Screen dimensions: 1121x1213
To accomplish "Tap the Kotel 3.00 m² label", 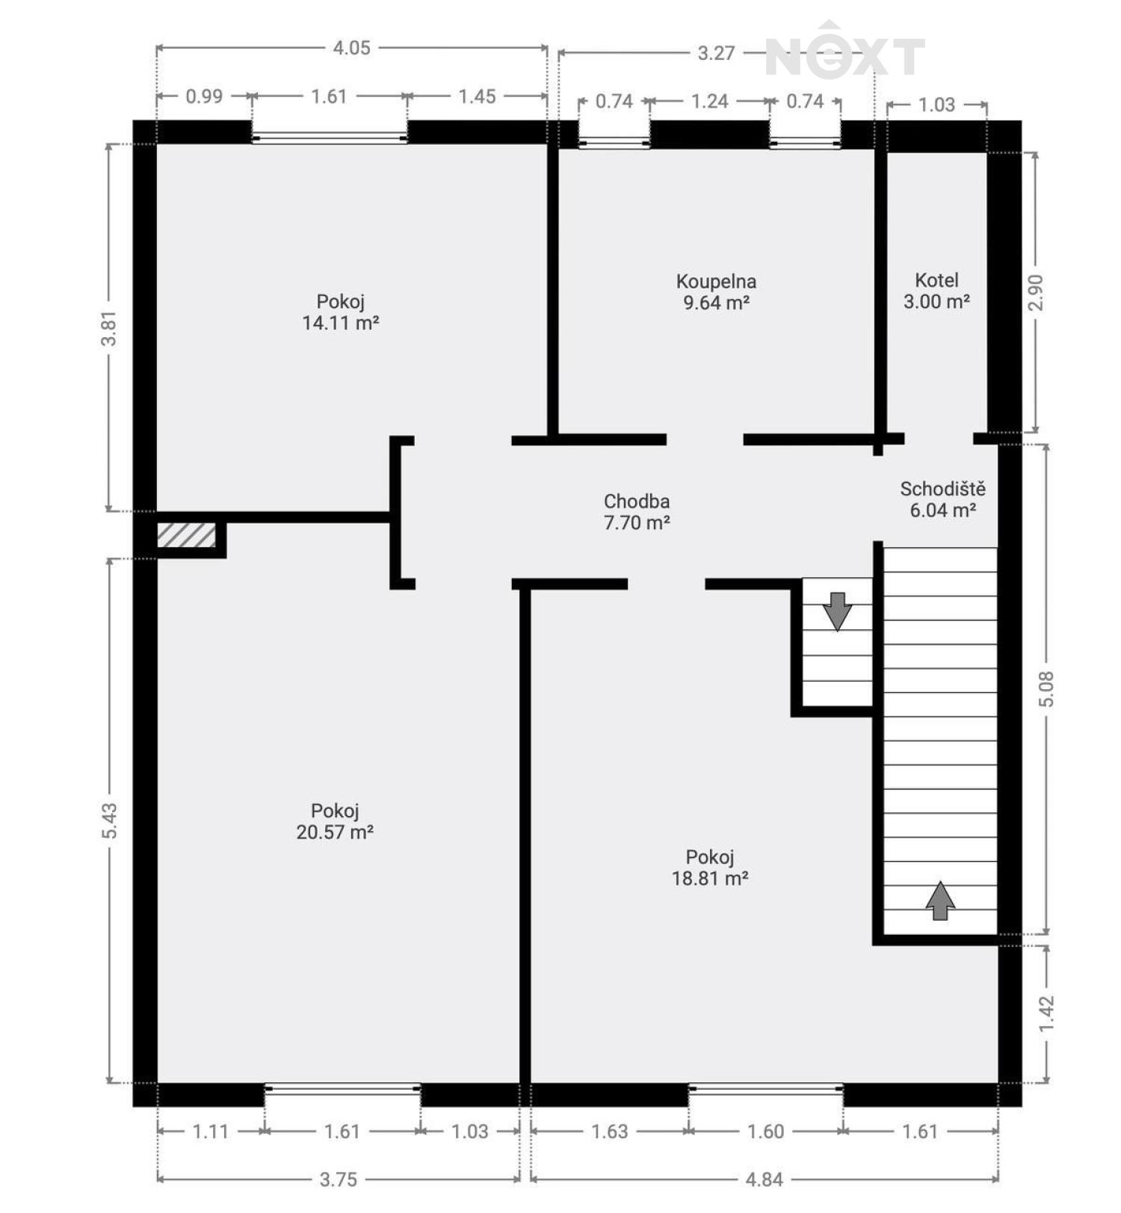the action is (936, 291).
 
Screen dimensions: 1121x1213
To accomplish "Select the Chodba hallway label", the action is (637, 512).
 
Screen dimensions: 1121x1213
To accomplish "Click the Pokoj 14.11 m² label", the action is (340, 312).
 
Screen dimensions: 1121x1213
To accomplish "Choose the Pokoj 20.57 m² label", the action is (335, 821).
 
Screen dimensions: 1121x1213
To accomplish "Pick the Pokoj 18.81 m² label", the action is (710, 868).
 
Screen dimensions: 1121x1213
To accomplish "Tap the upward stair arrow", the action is (940, 901).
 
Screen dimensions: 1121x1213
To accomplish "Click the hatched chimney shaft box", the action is (186, 535).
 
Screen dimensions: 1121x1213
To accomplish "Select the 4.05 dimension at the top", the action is (351, 48).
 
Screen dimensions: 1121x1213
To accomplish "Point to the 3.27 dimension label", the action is (716, 53).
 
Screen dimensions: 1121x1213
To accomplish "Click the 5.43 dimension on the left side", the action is (110, 821).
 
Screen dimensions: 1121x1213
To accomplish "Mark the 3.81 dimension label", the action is (110, 328).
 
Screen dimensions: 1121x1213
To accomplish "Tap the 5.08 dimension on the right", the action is (1046, 689).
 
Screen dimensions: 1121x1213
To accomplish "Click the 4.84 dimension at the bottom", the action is (765, 1179).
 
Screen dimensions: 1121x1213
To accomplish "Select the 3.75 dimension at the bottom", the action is (339, 1179).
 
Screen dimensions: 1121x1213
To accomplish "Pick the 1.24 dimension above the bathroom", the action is (709, 101).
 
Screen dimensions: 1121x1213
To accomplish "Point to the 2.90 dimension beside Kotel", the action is (1035, 292).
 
